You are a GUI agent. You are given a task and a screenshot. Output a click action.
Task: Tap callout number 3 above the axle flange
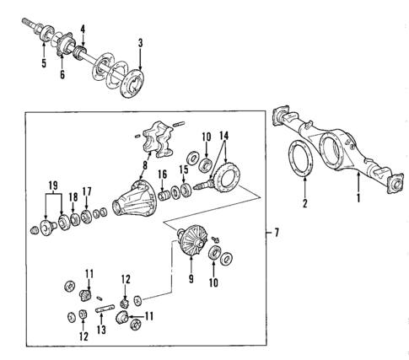click(140, 43)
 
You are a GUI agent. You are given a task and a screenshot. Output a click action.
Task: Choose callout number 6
click(62, 75)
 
